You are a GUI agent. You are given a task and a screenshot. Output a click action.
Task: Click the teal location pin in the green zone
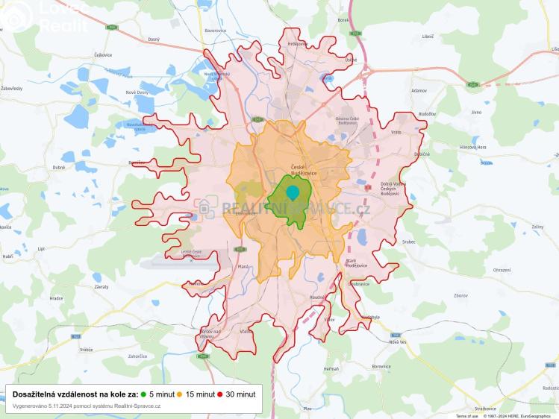coord(293,192)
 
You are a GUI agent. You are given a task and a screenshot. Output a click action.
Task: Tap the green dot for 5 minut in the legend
coord(143,394)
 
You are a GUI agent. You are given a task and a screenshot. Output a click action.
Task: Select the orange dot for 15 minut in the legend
coord(179,394)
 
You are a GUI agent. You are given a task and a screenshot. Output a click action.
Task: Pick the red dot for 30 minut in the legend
coord(220,394)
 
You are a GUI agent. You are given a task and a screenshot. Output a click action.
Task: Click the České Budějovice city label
coord(304,169)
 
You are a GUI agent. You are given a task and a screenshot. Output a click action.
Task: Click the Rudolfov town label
coord(427,114)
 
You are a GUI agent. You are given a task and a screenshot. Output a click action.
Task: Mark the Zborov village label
coord(460,295)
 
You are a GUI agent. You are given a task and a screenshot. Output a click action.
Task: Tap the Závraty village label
coord(101,286)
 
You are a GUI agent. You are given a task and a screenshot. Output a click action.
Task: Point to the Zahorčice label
coord(137,356)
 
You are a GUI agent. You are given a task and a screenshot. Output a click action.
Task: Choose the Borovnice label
coord(381,366)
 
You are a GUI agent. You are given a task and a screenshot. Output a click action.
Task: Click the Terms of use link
coord(467,416)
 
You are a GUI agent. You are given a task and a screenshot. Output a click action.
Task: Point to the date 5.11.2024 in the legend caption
coord(63,406)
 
